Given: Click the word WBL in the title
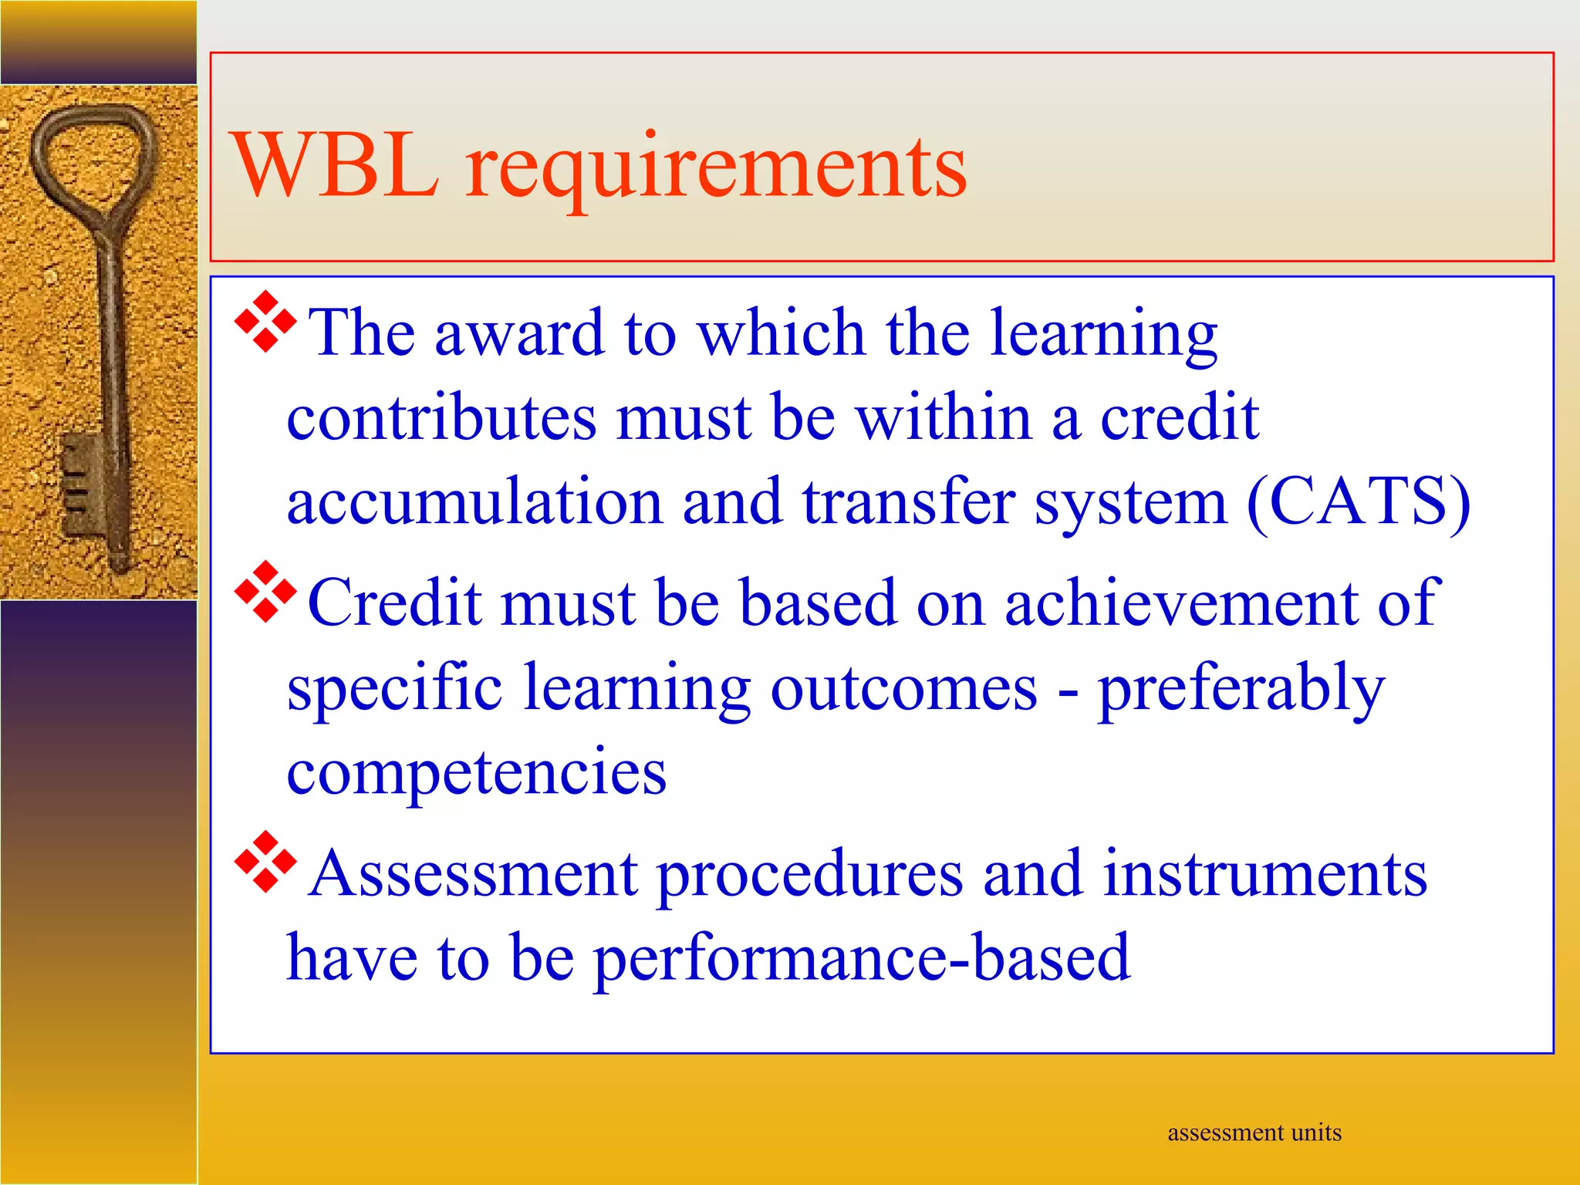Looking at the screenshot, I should (x=336, y=166).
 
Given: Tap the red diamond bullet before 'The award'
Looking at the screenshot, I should (x=265, y=322).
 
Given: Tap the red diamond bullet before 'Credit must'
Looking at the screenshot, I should (x=265, y=592).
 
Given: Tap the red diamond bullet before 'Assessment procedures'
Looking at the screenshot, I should (x=265, y=863).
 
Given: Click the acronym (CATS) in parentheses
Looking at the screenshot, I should (x=1359, y=501).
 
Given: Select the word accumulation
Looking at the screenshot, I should (x=474, y=501).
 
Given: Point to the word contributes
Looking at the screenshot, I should (x=441, y=417).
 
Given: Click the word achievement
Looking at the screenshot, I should (x=1180, y=603).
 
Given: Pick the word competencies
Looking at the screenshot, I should (x=476, y=771).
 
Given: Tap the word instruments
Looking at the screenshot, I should (x=1264, y=874).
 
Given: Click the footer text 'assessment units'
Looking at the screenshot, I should (x=1254, y=1133).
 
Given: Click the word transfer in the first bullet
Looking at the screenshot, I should (x=908, y=501).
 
